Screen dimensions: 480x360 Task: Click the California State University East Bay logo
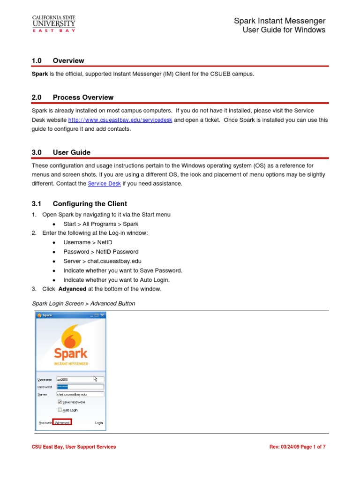53,23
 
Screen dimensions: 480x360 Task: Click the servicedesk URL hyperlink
120,120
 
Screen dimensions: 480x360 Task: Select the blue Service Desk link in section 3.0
104,184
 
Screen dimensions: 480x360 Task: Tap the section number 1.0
37,60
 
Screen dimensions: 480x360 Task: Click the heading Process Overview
83,97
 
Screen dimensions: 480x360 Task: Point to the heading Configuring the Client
90,204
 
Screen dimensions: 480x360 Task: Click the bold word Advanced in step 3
72,289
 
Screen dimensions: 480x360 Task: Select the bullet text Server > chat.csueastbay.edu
102,261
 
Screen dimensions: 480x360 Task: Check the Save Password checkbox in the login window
60,402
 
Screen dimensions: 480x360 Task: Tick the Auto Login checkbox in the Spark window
60,410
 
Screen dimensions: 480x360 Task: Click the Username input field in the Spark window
80,379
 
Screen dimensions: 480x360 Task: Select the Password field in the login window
80,387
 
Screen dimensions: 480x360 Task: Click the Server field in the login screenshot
80,394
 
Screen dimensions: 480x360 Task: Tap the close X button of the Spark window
102,315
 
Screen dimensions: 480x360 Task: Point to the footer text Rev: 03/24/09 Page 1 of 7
297,447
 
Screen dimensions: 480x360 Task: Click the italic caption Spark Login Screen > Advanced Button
83,303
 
